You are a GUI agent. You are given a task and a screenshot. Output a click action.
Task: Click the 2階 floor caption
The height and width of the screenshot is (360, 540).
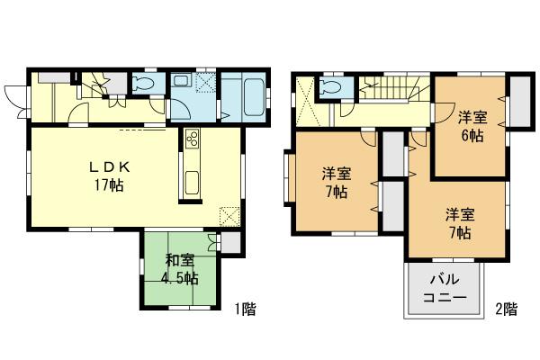pos(506,310)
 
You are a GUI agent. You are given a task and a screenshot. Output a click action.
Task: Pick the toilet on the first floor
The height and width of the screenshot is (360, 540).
pos(143,84)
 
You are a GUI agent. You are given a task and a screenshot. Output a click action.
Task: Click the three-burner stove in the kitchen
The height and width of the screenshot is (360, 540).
pos(191,140)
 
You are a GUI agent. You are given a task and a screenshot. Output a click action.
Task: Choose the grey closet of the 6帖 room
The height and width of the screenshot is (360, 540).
pos(517,101)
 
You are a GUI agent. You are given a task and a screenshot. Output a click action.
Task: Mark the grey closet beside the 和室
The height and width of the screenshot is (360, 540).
pos(229,242)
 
